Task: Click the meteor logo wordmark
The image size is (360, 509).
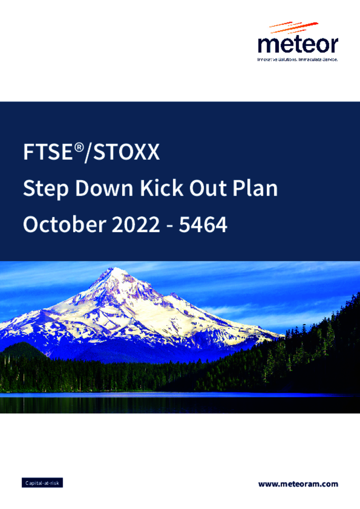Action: tap(298, 45)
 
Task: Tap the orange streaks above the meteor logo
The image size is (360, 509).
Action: tap(294, 27)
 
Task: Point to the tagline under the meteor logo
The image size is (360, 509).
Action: tap(297, 60)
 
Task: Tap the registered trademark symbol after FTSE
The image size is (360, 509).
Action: tap(79, 147)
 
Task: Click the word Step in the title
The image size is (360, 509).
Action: tap(46, 188)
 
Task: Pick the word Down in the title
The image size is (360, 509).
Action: tap(104, 188)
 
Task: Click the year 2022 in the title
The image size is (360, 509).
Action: tap(136, 224)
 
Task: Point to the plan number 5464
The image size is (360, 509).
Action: tap(203, 225)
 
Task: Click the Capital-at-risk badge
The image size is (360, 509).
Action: tap(42, 483)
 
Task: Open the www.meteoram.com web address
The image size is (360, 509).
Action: tap(298, 484)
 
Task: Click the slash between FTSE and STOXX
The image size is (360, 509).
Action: tap(88, 152)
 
